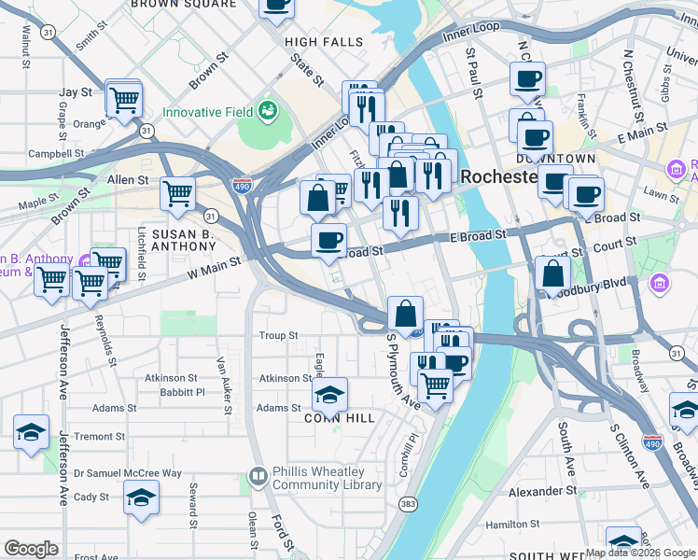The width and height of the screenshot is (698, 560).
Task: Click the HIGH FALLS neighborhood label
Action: point(324,42)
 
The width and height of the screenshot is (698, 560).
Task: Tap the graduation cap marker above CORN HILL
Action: point(329,396)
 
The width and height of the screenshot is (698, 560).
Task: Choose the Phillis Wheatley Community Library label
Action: point(327,478)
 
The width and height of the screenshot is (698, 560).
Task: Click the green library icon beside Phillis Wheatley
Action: point(258,477)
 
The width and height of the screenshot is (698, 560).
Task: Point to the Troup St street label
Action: point(278,335)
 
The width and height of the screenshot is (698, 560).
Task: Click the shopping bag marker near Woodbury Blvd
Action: point(553,274)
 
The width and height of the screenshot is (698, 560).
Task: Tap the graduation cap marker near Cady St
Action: point(141,497)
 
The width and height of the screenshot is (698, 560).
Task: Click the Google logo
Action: point(31,549)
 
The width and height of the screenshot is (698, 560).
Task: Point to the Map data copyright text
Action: point(640,553)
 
